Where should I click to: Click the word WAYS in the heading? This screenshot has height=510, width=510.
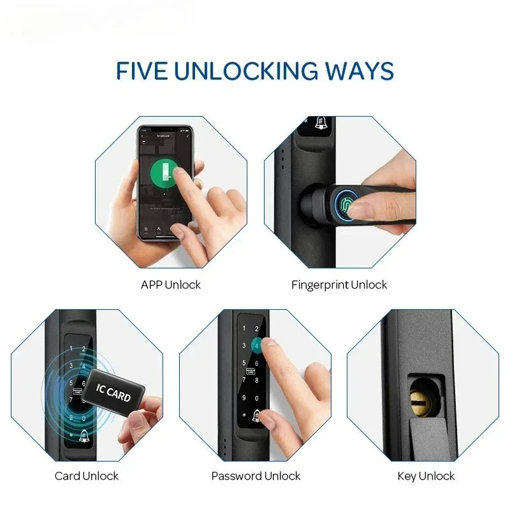click(360, 71)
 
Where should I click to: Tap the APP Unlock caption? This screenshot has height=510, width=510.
click(170, 285)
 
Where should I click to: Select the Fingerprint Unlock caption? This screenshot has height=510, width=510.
click(339, 285)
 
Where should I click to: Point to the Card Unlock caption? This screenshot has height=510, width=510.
click(86, 476)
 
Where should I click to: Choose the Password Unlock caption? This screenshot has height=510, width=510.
click(256, 476)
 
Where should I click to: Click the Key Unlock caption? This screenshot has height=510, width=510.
click(426, 476)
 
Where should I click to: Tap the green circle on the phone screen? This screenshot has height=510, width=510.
click(165, 172)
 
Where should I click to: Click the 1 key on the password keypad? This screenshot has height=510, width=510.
click(243, 330)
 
